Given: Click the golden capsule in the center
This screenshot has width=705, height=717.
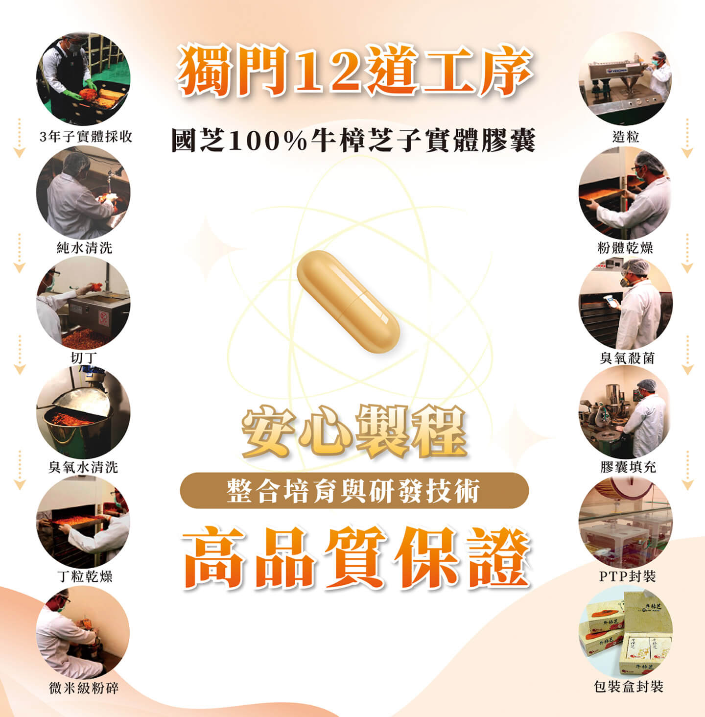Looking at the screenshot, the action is (x=348, y=301).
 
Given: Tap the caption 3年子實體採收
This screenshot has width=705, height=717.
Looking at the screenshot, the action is (x=86, y=137).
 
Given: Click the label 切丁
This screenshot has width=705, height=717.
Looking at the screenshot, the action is (x=84, y=358).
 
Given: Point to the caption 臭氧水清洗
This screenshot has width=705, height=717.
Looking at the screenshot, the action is (x=83, y=467).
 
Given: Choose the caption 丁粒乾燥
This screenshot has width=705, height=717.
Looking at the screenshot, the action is (x=84, y=576).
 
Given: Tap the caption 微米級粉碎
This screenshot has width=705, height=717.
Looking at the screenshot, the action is (x=84, y=688).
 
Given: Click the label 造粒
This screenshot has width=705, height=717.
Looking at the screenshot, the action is (x=626, y=137).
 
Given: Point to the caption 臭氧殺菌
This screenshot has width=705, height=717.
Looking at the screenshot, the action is (x=627, y=358).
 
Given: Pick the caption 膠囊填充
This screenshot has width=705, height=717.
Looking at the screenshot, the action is (x=628, y=467).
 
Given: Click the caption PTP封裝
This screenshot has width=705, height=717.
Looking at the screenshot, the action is (x=627, y=576).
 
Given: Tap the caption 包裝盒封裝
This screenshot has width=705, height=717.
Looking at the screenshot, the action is (x=628, y=687).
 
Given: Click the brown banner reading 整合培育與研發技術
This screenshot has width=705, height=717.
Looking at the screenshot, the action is (x=354, y=490).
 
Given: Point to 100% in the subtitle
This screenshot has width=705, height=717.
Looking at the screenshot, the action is (x=268, y=140).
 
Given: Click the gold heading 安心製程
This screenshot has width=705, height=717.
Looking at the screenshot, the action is (x=354, y=431).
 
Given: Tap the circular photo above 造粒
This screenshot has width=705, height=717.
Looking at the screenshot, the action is (x=625, y=78).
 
